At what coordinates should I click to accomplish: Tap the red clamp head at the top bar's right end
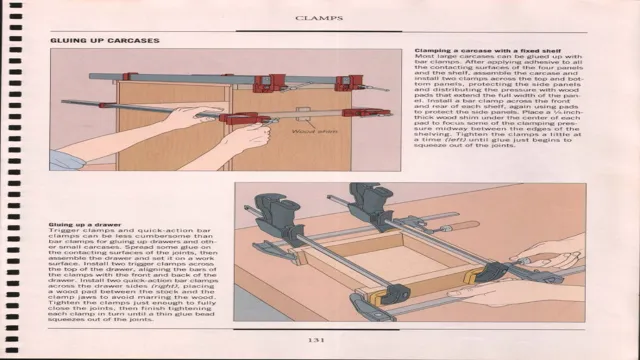point(350,82)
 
